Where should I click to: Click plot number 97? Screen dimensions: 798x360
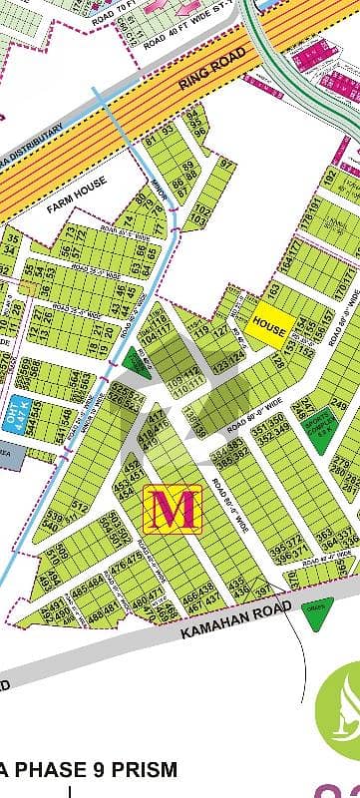[x=225, y=165]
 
